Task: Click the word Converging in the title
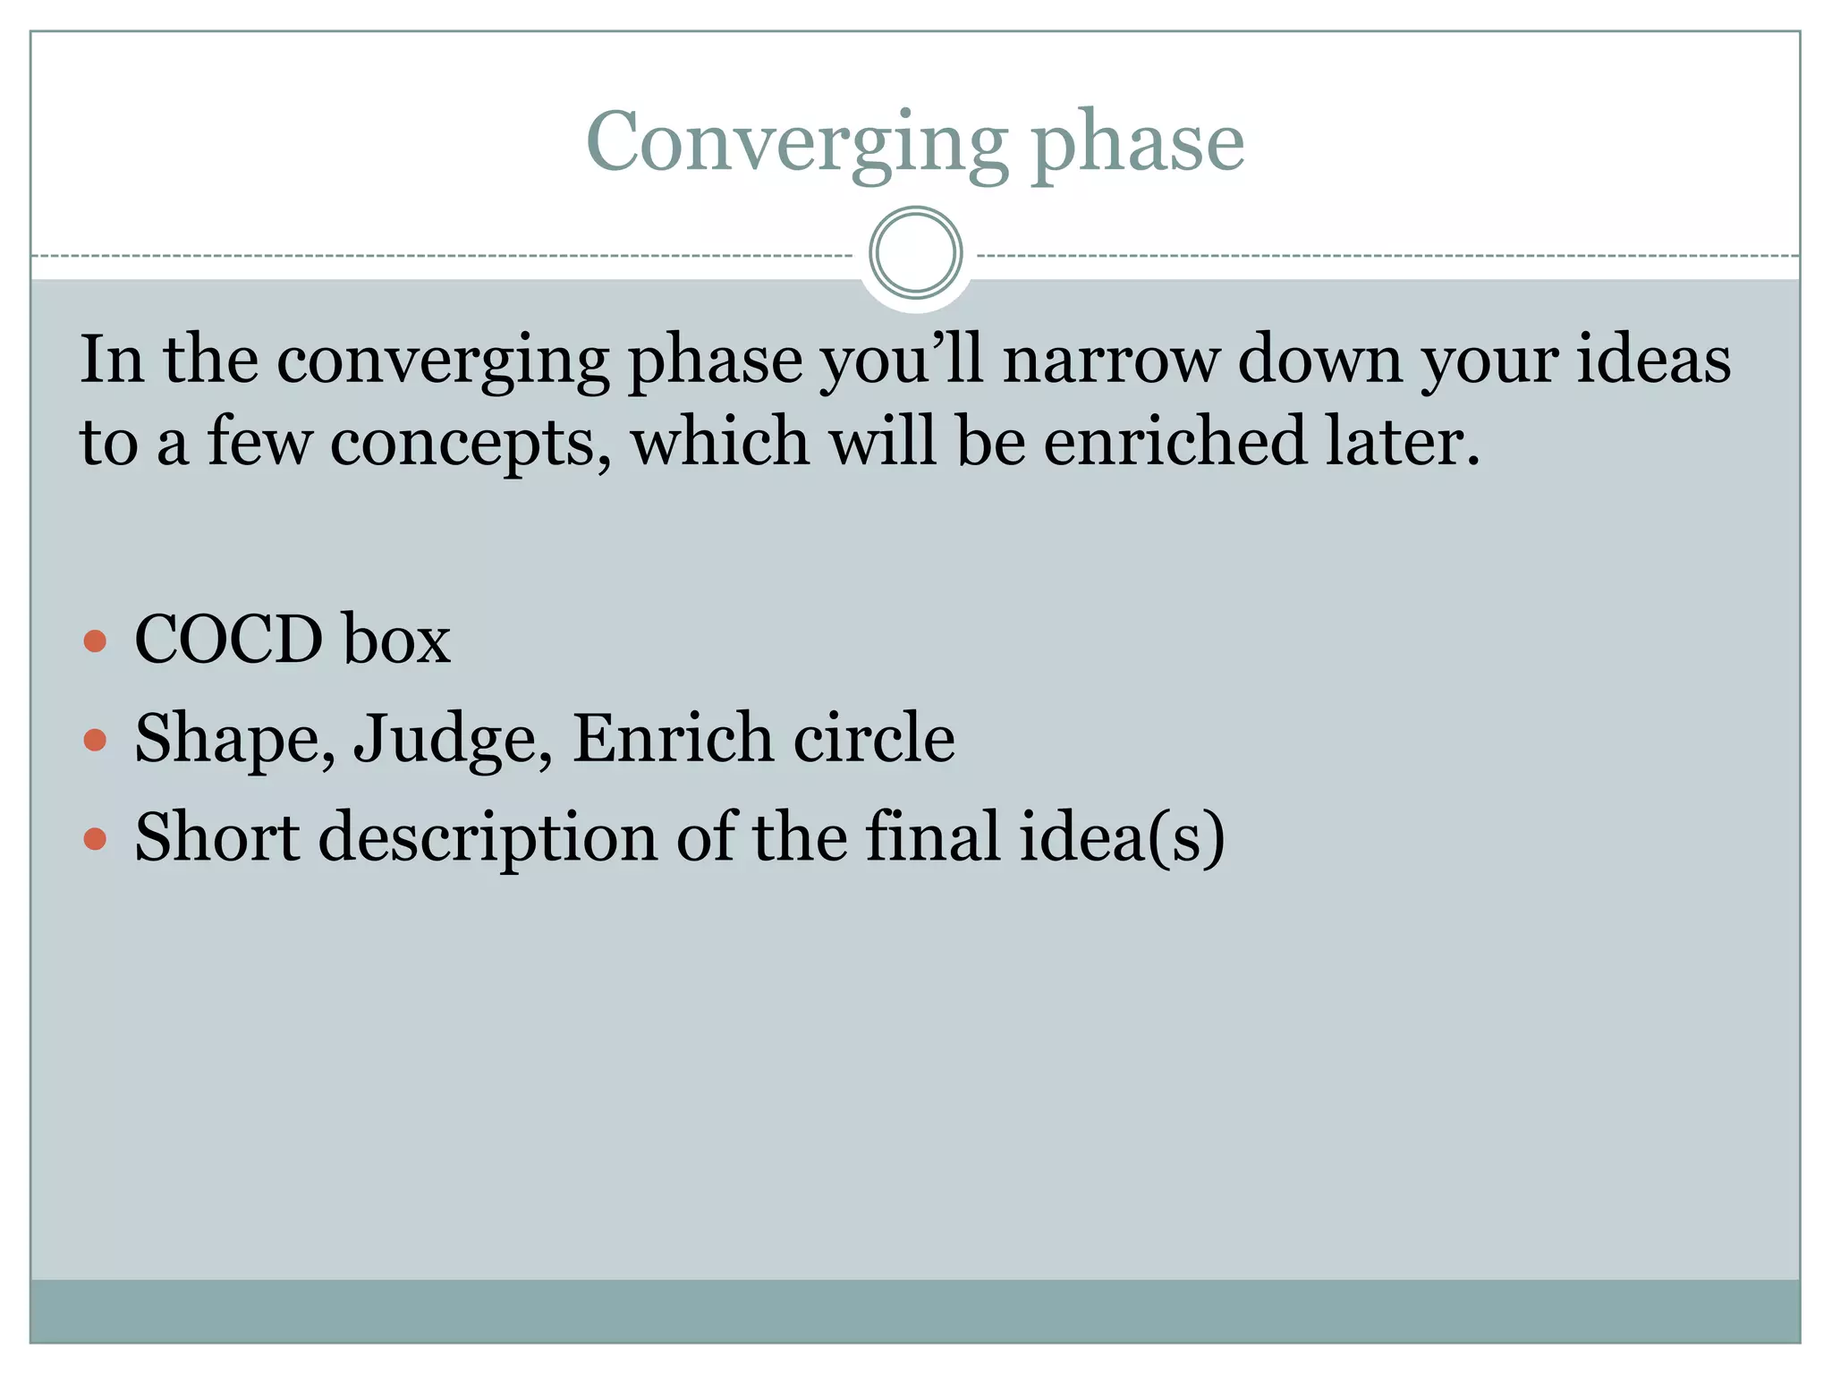(x=796, y=143)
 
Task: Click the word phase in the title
(x=1138, y=143)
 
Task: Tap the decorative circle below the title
(x=915, y=253)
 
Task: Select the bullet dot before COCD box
(x=95, y=640)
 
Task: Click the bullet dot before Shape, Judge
(x=95, y=740)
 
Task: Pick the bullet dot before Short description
(x=95, y=839)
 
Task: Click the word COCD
(x=229, y=640)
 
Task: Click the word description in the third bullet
(x=488, y=838)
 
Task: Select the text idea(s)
(x=1122, y=838)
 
